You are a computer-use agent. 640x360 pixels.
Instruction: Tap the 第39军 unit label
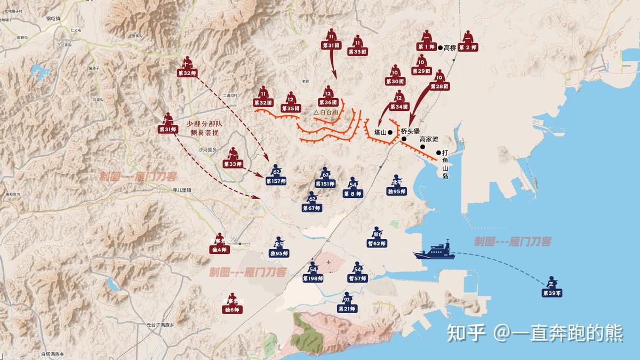553,293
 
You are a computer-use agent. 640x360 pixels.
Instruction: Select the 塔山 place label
380,132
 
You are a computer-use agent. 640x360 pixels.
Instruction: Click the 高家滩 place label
429,139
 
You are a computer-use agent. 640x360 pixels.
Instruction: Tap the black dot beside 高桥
441,47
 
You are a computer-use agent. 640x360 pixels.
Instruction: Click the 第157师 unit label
276,181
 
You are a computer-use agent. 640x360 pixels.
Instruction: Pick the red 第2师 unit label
467,47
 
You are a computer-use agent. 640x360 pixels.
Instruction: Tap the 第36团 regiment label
329,102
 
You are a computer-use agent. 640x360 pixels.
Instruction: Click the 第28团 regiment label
439,86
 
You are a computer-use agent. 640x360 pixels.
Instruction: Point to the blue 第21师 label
347,309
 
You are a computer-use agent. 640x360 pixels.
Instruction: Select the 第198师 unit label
313,278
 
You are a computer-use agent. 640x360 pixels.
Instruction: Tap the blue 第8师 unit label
353,194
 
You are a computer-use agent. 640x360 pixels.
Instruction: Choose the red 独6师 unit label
232,309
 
